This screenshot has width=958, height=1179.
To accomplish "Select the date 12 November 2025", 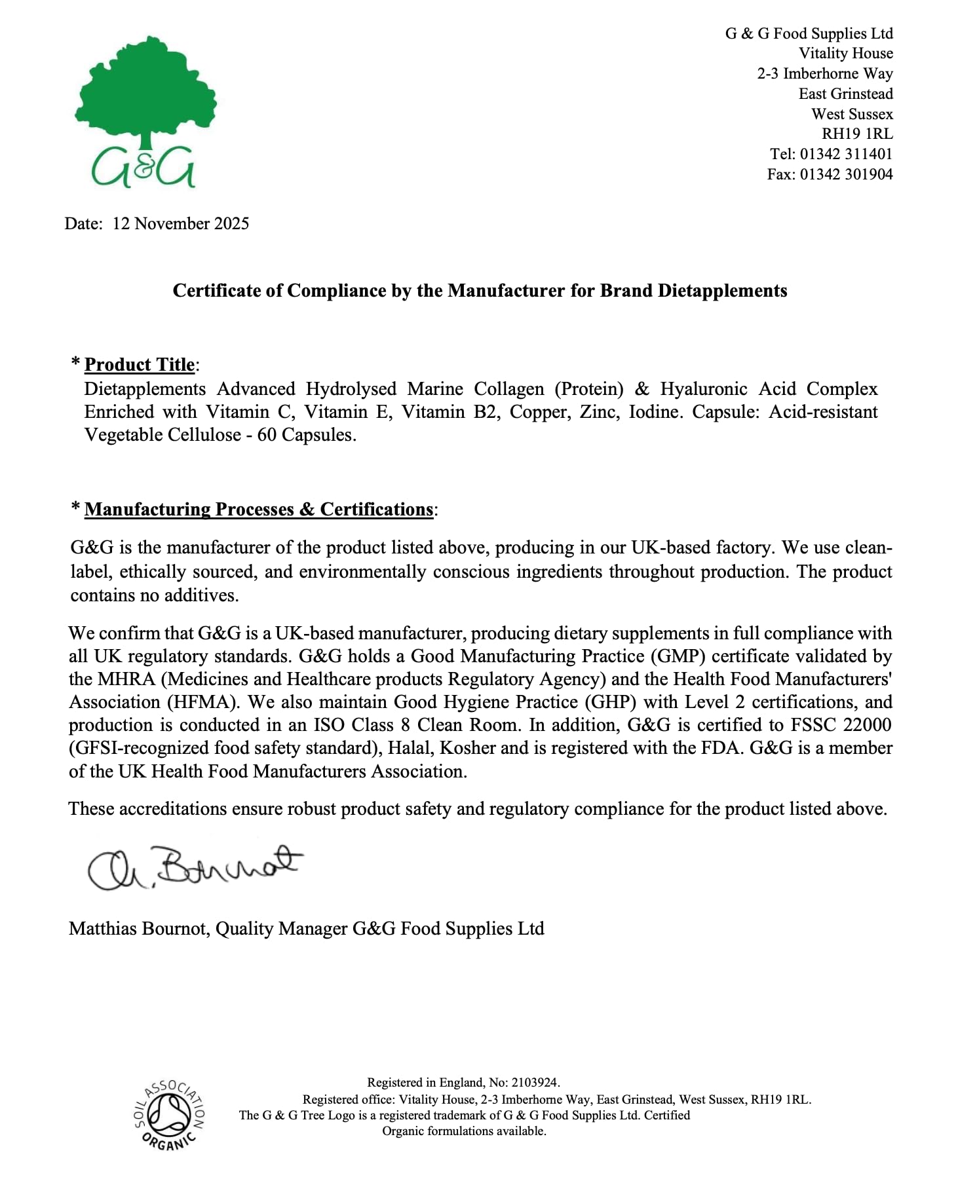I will coord(180,223).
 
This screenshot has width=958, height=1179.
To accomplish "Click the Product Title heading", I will coord(140,364).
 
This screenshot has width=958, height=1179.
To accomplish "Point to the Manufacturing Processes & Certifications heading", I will coord(259,509).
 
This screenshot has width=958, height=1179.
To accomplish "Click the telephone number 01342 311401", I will coord(846,154).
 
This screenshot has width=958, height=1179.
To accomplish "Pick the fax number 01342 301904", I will coord(846,174).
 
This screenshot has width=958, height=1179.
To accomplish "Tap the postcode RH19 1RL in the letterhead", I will coord(857,134).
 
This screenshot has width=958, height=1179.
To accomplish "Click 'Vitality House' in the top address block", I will coord(845,53).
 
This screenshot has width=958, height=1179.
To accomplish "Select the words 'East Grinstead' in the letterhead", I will coord(845,94).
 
